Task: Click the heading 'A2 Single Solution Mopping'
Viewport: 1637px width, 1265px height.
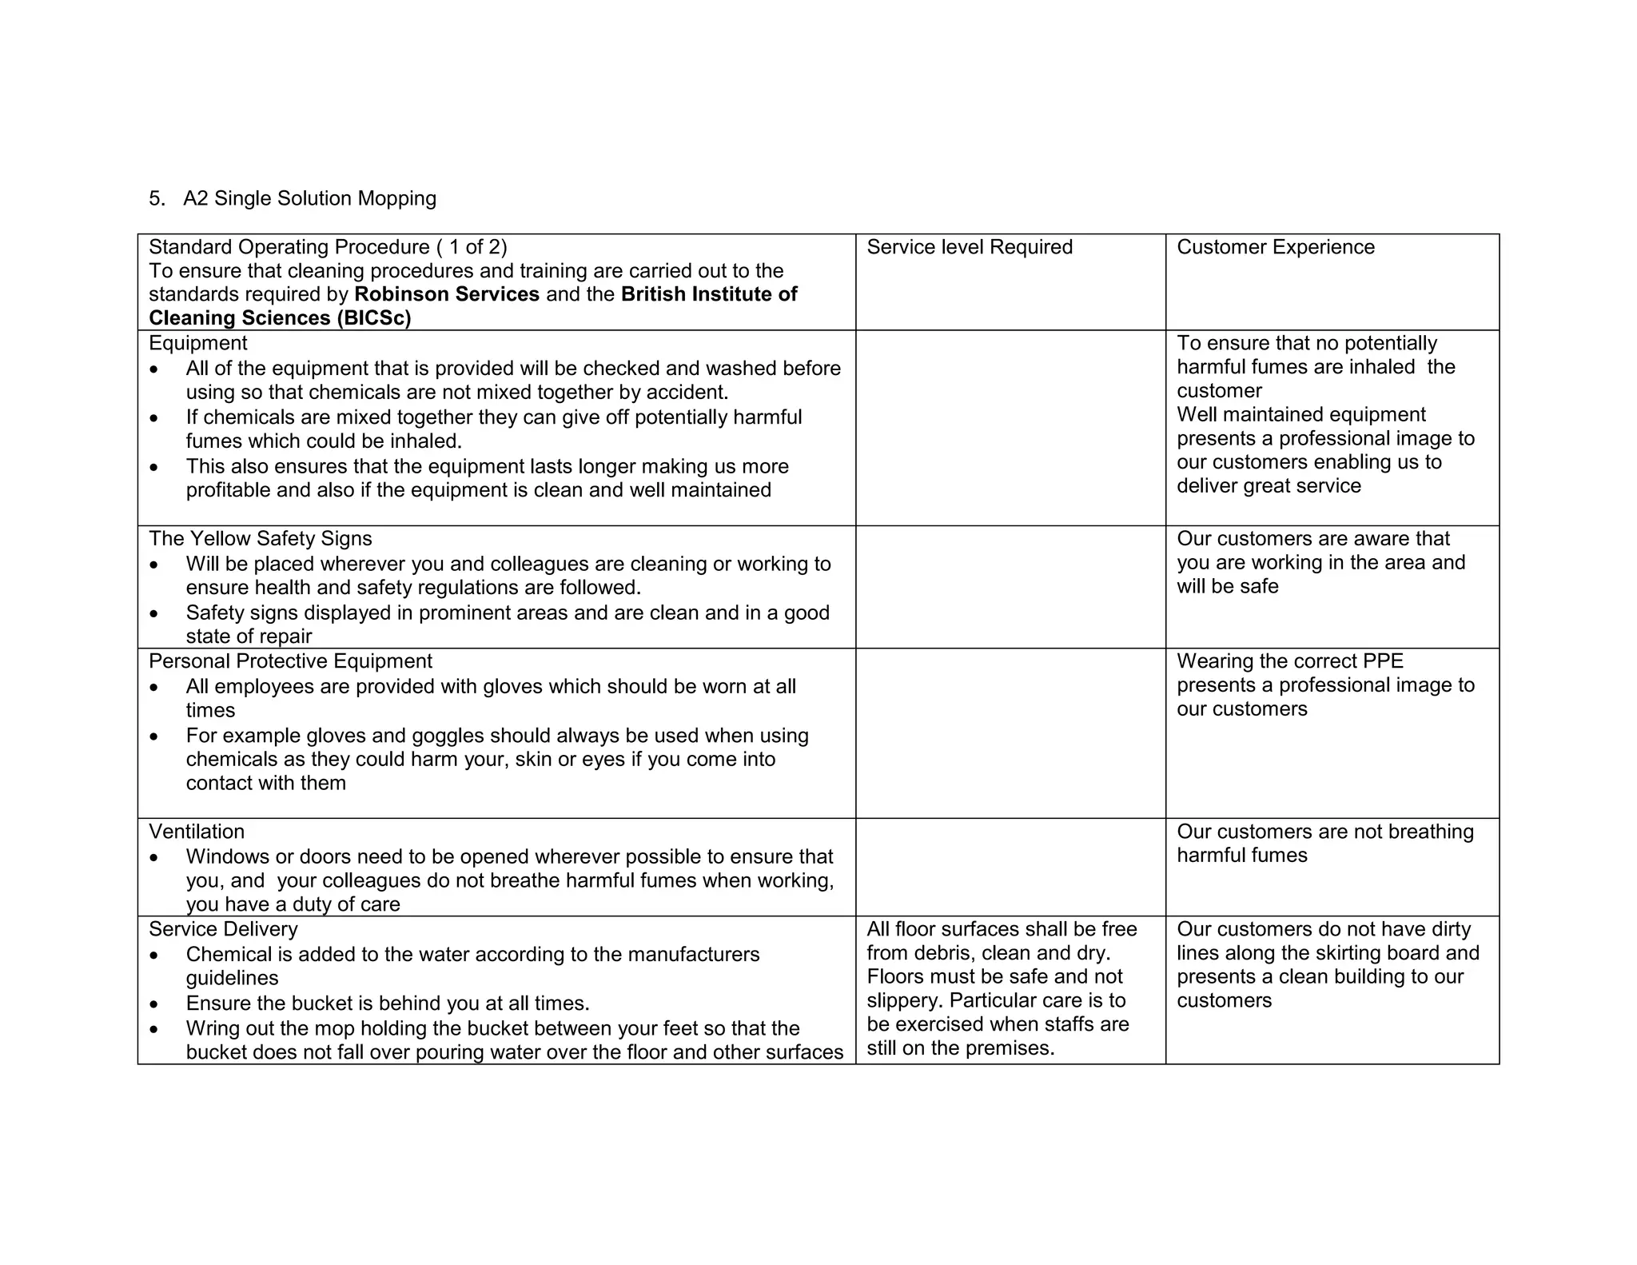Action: [x=309, y=198]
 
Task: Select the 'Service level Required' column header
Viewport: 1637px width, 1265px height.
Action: [x=969, y=247]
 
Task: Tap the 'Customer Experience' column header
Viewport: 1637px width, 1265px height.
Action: [x=1275, y=247]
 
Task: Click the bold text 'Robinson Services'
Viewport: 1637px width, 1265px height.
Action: [x=447, y=294]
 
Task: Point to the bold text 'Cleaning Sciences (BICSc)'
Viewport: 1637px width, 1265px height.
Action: [x=280, y=318]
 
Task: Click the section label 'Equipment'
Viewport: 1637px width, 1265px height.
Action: [x=197, y=343]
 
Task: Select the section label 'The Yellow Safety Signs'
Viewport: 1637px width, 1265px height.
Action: [x=260, y=539]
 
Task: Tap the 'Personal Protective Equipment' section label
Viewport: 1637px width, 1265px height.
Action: [x=290, y=661]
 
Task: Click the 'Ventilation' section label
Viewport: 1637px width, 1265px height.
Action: [x=197, y=832]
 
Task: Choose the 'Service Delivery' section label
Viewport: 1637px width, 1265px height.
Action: [x=223, y=929]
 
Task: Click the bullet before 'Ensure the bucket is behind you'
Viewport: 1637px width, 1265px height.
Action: [x=154, y=1004]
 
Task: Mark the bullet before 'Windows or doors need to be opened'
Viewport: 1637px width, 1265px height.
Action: [x=154, y=858]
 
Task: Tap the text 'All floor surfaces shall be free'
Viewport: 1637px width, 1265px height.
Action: [x=1001, y=929]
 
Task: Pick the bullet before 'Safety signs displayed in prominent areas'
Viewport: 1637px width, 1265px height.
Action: [x=154, y=614]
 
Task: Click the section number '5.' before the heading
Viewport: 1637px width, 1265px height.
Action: [x=157, y=198]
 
